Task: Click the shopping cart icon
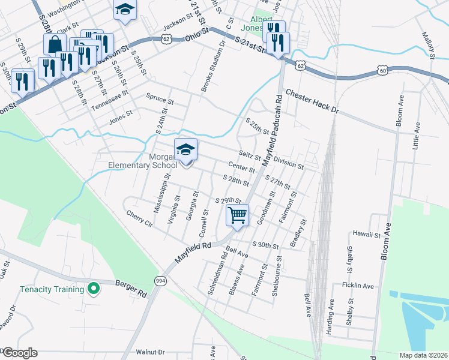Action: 238,215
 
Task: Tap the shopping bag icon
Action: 55,44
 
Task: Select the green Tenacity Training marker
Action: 93,290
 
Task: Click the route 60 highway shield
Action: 383,71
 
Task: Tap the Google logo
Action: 19,353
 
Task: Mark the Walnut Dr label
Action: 150,352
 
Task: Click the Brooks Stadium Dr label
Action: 212,63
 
